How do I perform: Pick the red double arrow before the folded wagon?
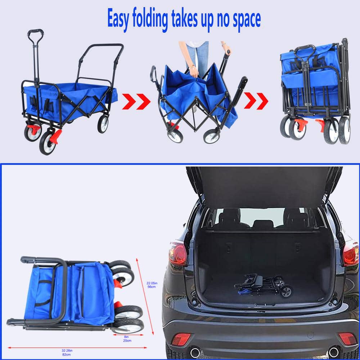click(x=256, y=101)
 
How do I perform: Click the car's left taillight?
click(x=178, y=253)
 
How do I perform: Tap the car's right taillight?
click(x=350, y=253)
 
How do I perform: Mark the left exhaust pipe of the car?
click(x=195, y=352)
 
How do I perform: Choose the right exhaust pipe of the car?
click(x=334, y=352)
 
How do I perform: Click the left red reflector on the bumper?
click(x=181, y=339)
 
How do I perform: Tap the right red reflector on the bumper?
click(x=347, y=338)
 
